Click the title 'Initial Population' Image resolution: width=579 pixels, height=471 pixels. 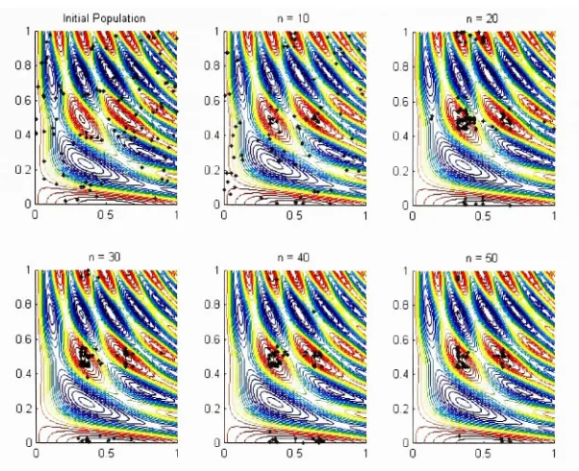(104, 18)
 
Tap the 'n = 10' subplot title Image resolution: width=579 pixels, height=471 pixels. (293, 18)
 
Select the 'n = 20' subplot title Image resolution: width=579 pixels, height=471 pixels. (482, 18)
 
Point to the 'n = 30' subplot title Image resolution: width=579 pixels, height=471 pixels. (104, 257)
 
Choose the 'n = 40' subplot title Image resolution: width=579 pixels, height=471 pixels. (293, 258)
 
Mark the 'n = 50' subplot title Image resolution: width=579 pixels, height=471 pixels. (482, 258)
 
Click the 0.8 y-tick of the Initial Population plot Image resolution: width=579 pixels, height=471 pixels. (23, 65)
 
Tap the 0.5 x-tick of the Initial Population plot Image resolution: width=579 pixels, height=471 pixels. (105, 215)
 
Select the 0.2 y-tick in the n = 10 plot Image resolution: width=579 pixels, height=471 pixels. (212, 170)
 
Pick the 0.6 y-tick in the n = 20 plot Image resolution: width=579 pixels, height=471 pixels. (401, 102)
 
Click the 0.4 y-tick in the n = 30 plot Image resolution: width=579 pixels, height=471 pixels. (23, 374)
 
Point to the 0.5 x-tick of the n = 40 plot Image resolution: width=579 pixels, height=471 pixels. (294, 454)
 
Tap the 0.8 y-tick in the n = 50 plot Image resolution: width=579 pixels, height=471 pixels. (401, 305)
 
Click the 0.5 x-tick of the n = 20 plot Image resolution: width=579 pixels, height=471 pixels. (483, 216)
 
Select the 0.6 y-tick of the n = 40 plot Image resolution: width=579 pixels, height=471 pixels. (212, 339)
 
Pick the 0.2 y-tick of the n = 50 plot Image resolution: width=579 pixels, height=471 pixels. (401, 409)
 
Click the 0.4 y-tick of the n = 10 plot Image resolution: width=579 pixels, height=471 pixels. (212, 136)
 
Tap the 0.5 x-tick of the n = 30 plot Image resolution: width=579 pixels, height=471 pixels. (106, 454)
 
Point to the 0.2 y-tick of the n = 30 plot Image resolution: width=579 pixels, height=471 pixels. (23, 409)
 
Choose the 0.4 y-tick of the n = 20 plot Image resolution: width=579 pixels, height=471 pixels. (401, 136)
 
